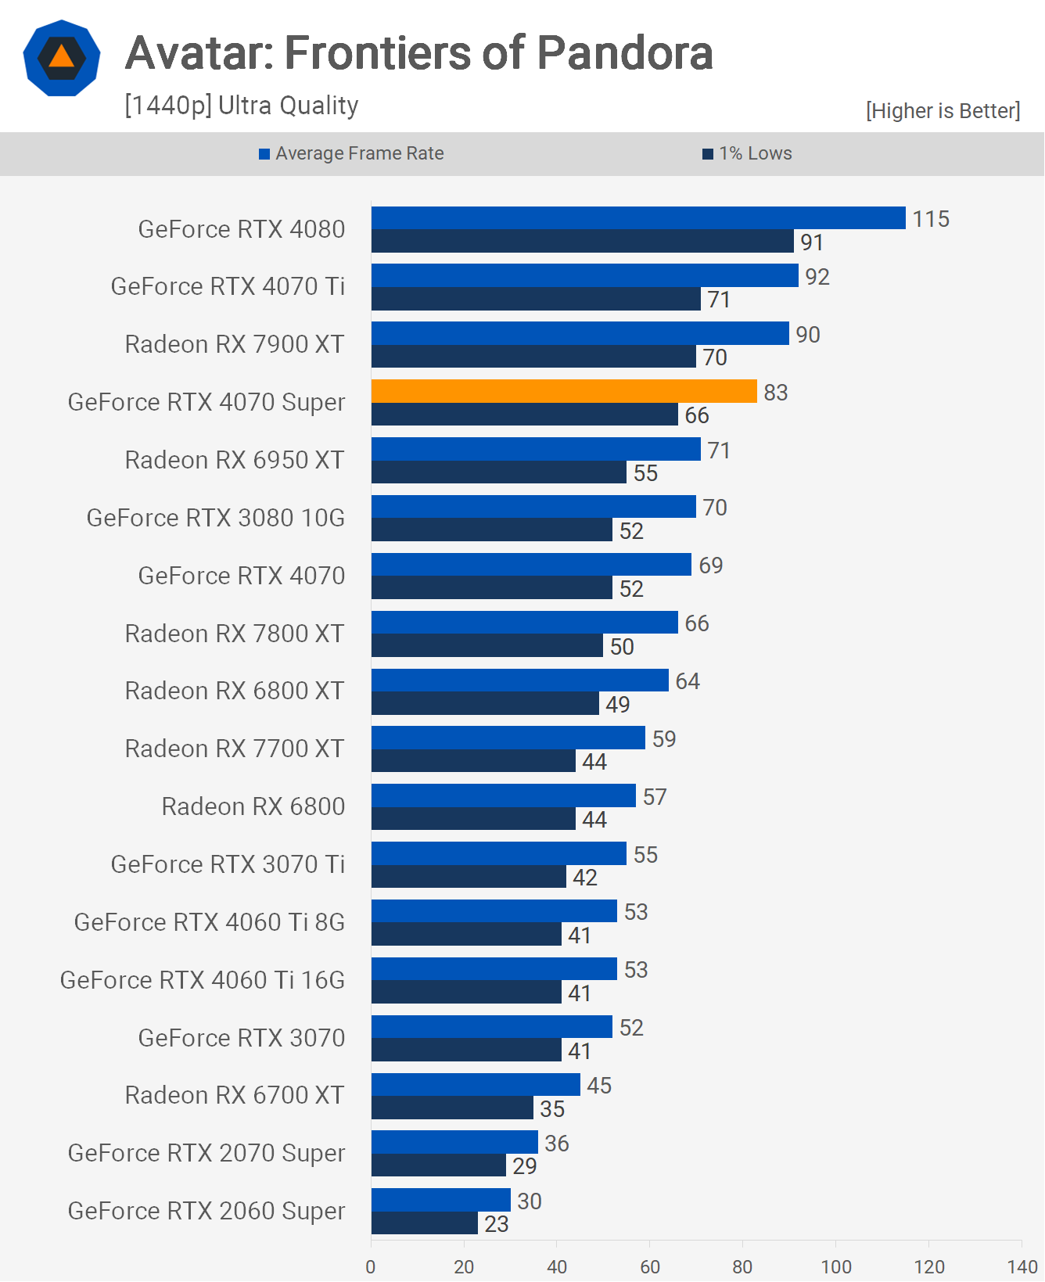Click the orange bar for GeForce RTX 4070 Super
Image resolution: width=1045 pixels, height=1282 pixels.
pyautogui.click(x=564, y=391)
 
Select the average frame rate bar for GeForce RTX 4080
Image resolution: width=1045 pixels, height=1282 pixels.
pyautogui.click(x=638, y=218)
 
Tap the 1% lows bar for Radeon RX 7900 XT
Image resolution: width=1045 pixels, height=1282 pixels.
pyautogui.click(x=533, y=357)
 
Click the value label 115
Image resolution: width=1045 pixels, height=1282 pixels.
pyautogui.click(x=931, y=219)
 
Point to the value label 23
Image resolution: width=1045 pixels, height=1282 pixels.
pyautogui.click(x=497, y=1224)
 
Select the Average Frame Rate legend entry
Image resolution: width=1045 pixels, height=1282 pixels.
pyautogui.click(x=352, y=153)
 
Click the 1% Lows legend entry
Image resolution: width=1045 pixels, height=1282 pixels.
pyautogui.click(x=748, y=153)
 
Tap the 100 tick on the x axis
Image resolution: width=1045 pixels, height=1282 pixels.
pyautogui.click(x=835, y=1266)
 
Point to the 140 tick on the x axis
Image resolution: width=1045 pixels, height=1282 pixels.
pyautogui.click(x=1022, y=1266)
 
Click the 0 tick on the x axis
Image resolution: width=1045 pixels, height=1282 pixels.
pyautogui.click(x=371, y=1266)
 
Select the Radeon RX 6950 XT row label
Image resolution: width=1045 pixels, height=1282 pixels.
pyautogui.click(x=235, y=460)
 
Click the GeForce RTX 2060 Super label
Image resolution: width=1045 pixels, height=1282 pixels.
pyautogui.click(x=206, y=1211)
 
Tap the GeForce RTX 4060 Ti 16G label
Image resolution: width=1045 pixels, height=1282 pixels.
pyautogui.click(x=203, y=980)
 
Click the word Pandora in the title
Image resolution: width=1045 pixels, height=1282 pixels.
pyautogui.click(x=625, y=53)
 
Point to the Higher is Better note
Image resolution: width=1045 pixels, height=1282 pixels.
pyautogui.click(x=943, y=111)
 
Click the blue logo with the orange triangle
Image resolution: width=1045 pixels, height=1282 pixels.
pyautogui.click(x=62, y=58)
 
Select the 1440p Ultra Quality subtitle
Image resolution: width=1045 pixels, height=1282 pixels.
pyautogui.click(x=242, y=106)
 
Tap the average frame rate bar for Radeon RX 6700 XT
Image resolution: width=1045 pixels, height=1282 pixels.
pyautogui.click(x=476, y=1085)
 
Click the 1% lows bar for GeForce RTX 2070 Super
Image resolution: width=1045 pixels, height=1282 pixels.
pyautogui.click(x=438, y=1165)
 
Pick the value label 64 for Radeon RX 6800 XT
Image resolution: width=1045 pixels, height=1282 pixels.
pyautogui.click(x=688, y=681)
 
